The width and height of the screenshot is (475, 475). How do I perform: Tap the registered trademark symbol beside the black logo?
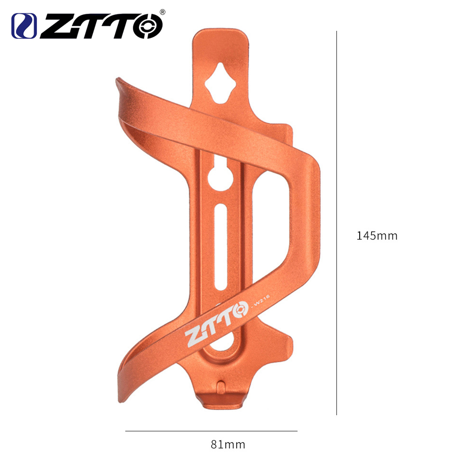[162, 11]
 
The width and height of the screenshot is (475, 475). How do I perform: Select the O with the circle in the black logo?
[147, 26]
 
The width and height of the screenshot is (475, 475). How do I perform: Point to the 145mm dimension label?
[377, 236]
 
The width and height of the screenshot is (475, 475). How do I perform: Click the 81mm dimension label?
[228, 445]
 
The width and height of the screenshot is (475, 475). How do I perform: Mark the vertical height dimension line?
[336, 223]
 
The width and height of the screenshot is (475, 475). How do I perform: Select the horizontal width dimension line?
[211, 431]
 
